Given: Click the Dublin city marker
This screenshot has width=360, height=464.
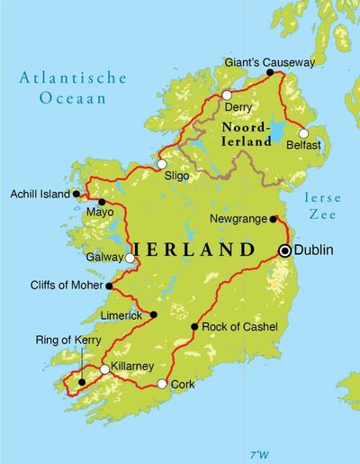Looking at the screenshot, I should pos(285,251).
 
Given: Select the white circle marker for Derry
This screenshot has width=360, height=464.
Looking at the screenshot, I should pos(227,95).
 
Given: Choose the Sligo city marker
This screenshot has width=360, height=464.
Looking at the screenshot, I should pos(161,164).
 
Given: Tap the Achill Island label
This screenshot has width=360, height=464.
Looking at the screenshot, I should pos(39,193).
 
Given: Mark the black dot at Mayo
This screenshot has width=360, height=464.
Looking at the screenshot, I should pos(102,202).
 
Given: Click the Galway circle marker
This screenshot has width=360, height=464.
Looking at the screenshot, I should pos(130,259).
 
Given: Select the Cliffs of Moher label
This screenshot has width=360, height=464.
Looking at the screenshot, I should pos(61,287).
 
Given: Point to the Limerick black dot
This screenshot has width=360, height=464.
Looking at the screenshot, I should pos(154,314).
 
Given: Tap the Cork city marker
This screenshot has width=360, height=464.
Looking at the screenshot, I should pos(162,384).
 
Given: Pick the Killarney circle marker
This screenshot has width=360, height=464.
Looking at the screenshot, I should pos(105,369).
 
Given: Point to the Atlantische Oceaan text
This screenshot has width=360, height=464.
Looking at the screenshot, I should pos(64,87).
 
